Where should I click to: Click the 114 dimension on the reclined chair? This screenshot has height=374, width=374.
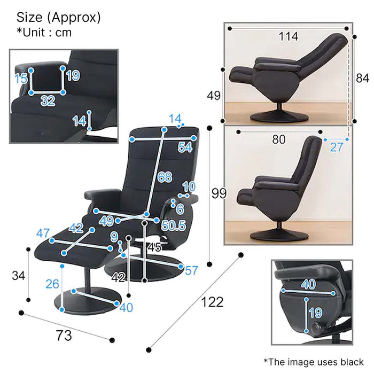(289, 36)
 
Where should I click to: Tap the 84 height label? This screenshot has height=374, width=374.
(362, 78)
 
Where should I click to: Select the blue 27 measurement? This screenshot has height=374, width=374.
(336, 147)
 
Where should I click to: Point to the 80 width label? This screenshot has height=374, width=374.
(279, 139)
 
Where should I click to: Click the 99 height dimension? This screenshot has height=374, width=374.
(219, 193)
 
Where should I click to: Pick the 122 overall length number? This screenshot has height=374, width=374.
(212, 302)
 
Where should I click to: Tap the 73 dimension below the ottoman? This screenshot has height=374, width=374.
(64, 336)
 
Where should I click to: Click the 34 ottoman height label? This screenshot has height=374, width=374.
(18, 276)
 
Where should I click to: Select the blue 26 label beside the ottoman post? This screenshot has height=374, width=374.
(52, 284)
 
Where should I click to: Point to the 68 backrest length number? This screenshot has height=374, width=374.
(165, 177)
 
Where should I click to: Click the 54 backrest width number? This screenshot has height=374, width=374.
(185, 147)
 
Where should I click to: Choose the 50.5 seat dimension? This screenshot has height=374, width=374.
(174, 225)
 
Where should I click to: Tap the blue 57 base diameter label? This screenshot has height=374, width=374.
(191, 270)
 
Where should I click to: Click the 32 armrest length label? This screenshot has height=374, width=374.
(48, 100)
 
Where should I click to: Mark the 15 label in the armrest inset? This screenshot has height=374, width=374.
(21, 79)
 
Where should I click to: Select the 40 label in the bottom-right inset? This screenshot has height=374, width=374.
(308, 284)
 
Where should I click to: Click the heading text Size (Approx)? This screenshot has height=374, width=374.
(59, 18)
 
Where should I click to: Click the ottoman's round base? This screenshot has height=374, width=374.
(88, 301)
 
